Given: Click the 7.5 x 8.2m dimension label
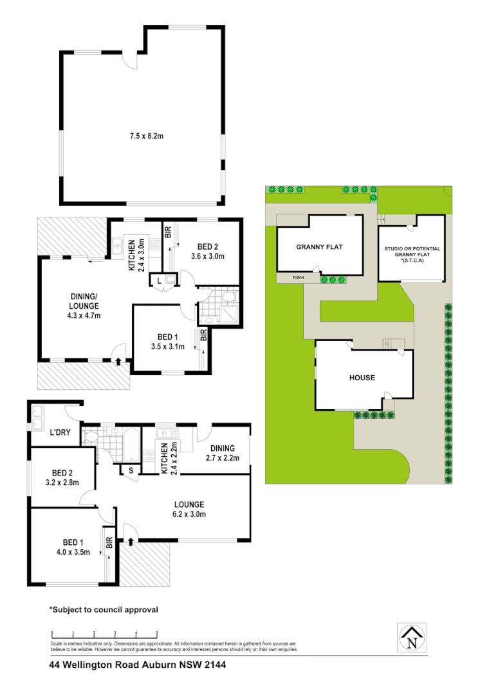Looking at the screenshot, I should click(142, 136).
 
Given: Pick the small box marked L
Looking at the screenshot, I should click(159, 280).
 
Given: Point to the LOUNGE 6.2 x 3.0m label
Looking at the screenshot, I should click(188, 508).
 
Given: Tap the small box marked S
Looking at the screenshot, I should click(131, 470).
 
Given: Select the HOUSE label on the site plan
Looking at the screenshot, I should click(362, 378).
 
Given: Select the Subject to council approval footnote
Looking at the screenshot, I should click(104, 609).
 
